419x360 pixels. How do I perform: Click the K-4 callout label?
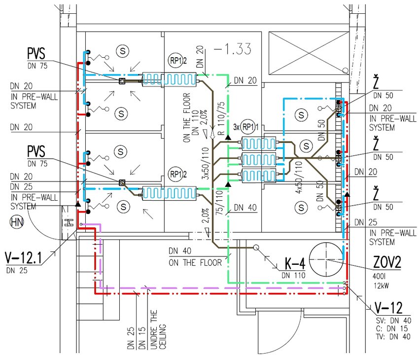pyautogui.click(x=295, y=263)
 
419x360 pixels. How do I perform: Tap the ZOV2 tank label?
pyautogui.click(x=387, y=262)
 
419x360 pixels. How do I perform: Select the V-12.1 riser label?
pyautogui.click(x=24, y=258)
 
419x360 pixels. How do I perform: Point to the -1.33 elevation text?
pyautogui.click(x=233, y=49)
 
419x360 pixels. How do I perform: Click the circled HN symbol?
pyautogui.click(x=17, y=222)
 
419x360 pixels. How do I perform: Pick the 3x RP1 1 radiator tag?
pyautogui.click(x=246, y=127)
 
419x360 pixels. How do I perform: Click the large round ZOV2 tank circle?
pyautogui.click(x=326, y=259)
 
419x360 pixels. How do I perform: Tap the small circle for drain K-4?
pyautogui.click(x=256, y=248)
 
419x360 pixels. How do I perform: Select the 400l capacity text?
pyautogui.click(x=379, y=276)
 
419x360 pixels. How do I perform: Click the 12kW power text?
pyautogui.click(x=382, y=286)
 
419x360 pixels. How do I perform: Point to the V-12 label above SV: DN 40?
pyautogui.click(x=388, y=308)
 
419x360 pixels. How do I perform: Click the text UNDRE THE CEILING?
pyautogui.click(x=158, y=329)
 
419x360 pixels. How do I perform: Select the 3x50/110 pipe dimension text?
pyautogui.click(x=205, y=164)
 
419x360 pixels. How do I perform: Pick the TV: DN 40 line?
pyautogui.click(x=393, y=337)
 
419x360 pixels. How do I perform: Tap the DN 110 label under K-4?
pyautogui.click(x=293, y=275)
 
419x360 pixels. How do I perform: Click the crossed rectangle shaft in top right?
pyautogui.click(x=309, y=53)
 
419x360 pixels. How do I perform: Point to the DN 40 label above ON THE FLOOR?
pyautogui.click(x=180, y=251)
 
